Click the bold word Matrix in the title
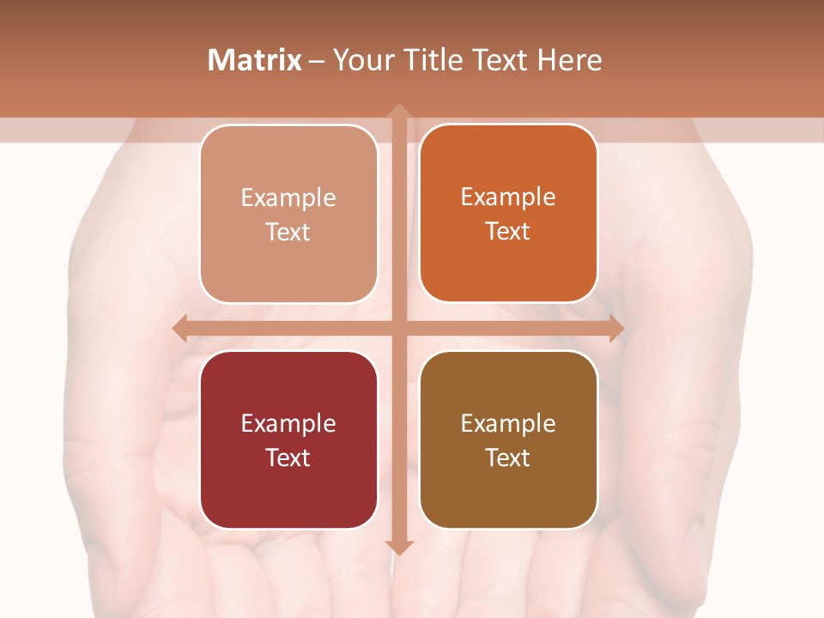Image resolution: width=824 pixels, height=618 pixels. pos(255,60)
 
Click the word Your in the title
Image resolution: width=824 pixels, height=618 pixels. pos(363,60)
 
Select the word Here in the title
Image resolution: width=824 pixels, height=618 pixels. pos(569,60)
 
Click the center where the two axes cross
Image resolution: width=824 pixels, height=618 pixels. pos(398,328)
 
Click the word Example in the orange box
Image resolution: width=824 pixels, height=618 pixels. pos(508,197)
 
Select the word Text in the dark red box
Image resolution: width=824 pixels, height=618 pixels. pos(288,457)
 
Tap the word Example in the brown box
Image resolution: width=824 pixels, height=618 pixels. pos(508,423)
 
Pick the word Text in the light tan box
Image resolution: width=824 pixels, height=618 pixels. pos(288,232)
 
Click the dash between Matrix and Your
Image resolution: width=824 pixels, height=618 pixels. pos(317,61)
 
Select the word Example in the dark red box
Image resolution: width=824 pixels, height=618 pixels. pos(288,423)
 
